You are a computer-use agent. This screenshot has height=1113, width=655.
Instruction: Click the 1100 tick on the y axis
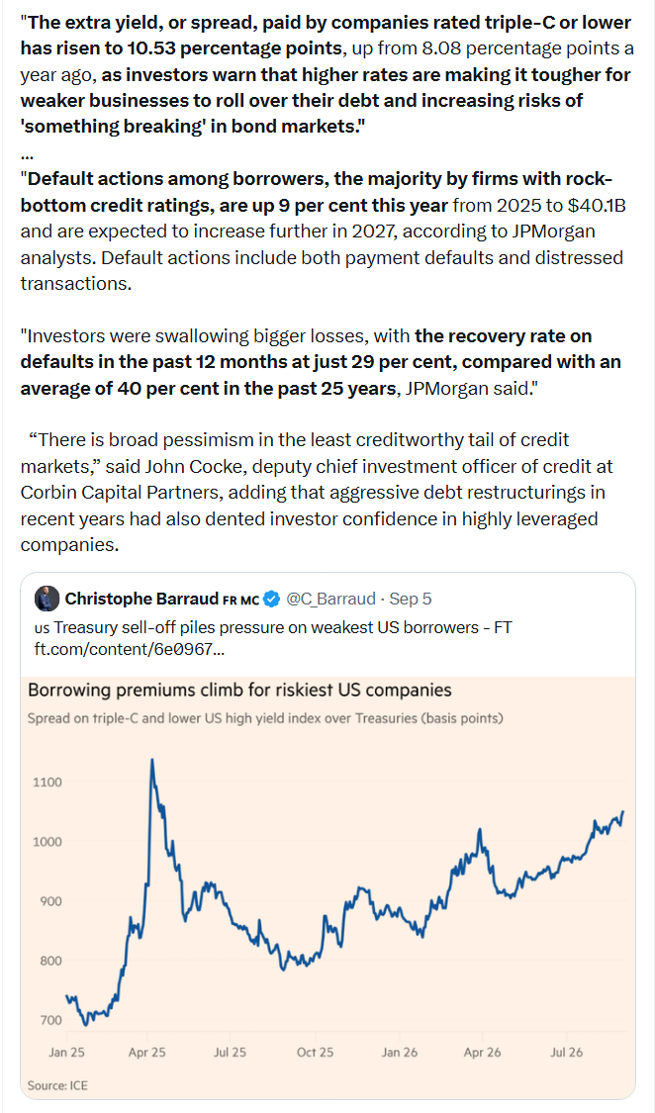point(47,783)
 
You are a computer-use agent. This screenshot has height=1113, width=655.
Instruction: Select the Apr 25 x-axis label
point(146,1052)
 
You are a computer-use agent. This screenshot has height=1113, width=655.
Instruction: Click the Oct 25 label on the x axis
point(315,1052)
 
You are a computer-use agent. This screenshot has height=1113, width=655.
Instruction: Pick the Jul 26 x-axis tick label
point(567,1052)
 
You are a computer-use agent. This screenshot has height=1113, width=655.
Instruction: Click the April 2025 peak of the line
point(151,760)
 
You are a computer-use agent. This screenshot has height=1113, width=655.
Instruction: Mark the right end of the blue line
point(623,811)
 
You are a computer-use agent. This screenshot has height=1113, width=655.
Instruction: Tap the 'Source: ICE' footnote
point(57,1085)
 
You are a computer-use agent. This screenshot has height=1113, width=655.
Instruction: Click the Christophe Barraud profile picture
point(47,599)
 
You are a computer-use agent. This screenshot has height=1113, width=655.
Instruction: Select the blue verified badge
point(272,600)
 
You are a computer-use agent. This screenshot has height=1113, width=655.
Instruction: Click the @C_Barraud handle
point(330,600)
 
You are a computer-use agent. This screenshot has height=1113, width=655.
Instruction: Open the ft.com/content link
point(130,649)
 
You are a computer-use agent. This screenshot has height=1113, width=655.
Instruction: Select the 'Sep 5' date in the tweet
point(411,600)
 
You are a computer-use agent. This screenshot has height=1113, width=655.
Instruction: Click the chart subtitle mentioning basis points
point(265,718)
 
